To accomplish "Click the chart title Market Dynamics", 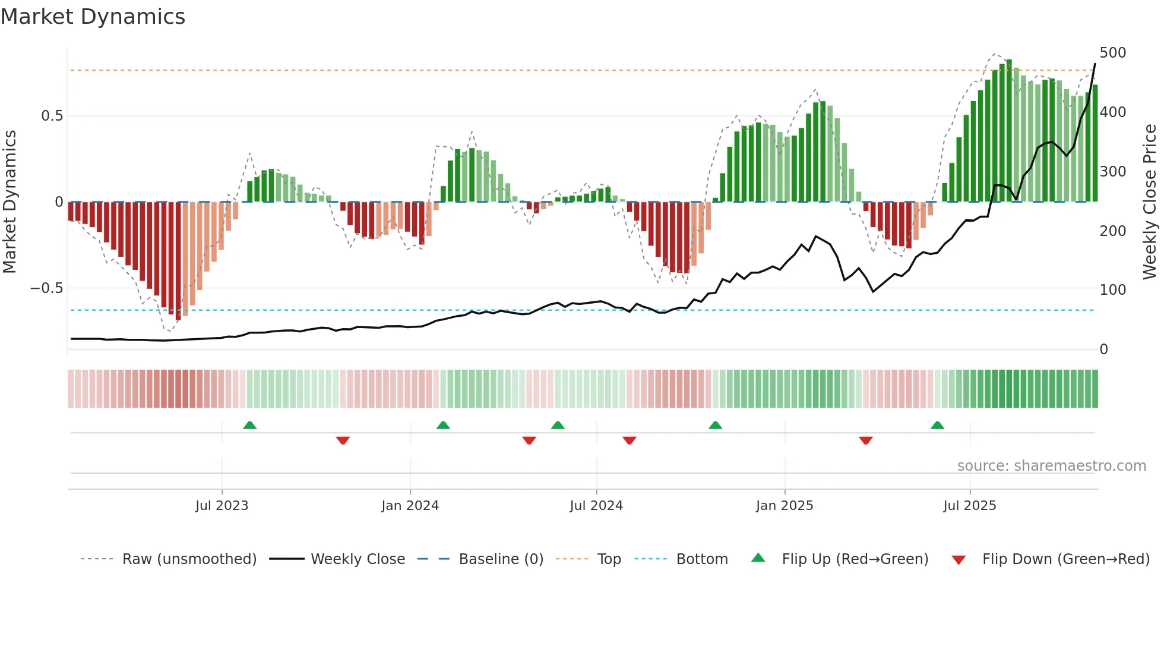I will tap(93, 17).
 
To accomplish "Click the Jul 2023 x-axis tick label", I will tap(222, 506).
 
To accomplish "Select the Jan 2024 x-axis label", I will tap(410, 506).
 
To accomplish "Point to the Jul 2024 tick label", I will tap(596, 506).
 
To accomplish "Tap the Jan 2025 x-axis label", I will tap(785, 506).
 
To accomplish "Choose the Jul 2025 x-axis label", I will tap(970, 506).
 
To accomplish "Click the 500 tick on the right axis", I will tap(1112, 53).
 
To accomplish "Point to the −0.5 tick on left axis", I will tap(47, 288).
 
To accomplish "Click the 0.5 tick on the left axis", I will tap(52, 116).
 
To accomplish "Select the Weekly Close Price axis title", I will tap(1150, 202).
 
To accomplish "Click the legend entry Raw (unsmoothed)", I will tap(189, 559).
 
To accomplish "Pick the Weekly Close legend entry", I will tap(358, 559).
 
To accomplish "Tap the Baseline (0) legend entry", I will tap(501, 559).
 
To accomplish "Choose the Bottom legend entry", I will tap(701, 559).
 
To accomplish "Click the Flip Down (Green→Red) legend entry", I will tap(1065, 559).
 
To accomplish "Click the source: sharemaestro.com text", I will tap(1051, 466).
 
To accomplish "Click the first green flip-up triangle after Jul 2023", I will tap(250, 426).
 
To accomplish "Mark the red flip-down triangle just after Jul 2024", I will tap(630, 440).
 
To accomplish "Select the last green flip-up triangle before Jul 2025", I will tap(937, 426).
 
